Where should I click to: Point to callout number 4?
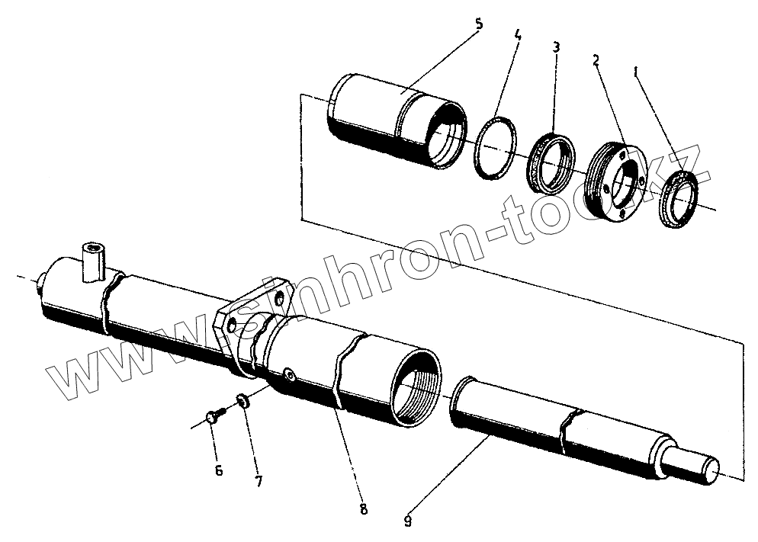[517, 35]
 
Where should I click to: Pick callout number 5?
[478, 24]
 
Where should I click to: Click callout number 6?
[219, 470]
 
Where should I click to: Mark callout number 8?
[363, 509]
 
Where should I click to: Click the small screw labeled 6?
[214, 415]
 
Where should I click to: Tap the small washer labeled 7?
[242, 401]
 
